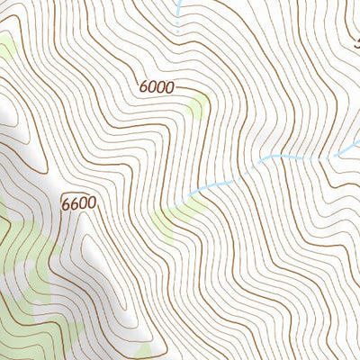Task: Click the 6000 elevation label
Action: [x=156, y=87]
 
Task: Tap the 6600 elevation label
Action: [x=78, y=203]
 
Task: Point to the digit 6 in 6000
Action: [x=144, y=87]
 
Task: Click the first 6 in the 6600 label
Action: [x=67, y=203]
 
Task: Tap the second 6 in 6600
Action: [x=75, y=203]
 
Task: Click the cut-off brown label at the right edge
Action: [x=356, y=41]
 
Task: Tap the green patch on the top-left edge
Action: [x=6, y=49]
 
